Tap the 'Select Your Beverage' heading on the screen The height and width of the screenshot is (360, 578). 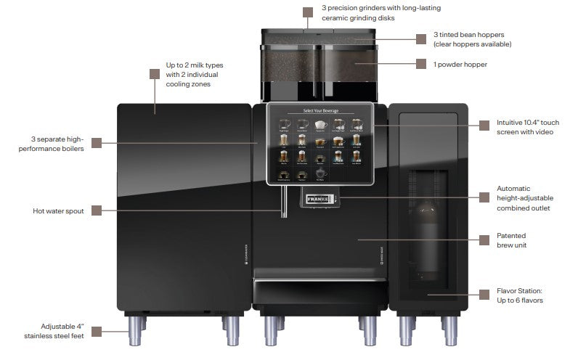coord(319,111)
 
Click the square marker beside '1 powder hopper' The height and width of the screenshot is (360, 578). coord(420,64)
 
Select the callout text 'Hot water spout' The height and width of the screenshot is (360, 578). coord(59,211)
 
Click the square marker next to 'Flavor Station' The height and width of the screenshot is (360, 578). coord(483,295)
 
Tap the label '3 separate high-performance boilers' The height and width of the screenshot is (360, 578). coord(57,144)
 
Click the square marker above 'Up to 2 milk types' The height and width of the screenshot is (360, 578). coord(154,73)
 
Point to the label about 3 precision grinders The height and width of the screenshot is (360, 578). coord(381,12)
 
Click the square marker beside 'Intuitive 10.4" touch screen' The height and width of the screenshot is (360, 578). coord(483,124)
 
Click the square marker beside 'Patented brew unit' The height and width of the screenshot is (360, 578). coord(483,240)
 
